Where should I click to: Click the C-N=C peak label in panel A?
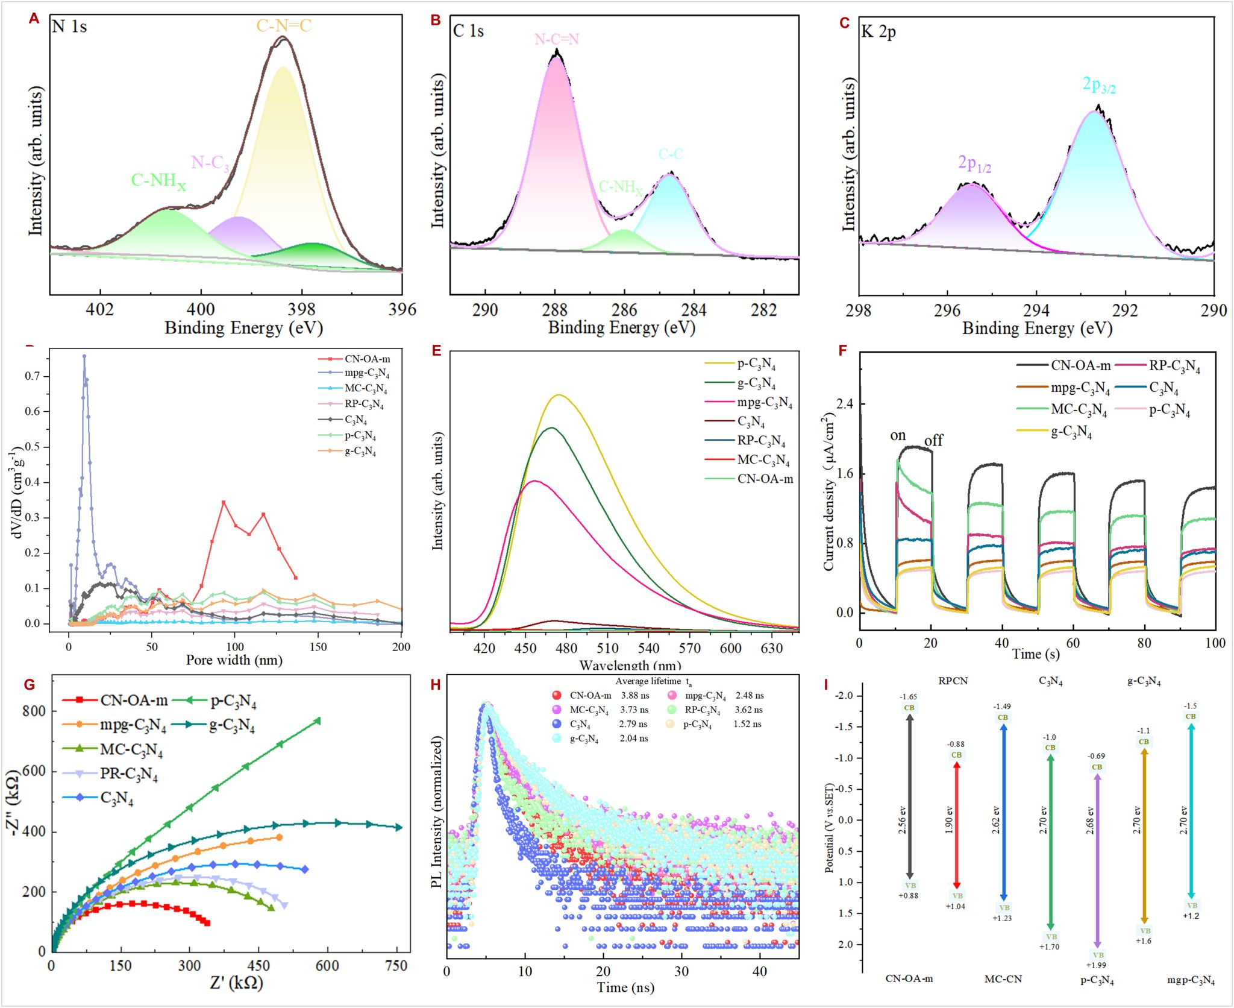284,26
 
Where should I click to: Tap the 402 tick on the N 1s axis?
100,310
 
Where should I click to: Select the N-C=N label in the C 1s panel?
557,39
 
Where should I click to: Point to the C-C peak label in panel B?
671,154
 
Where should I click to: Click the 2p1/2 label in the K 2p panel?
974,163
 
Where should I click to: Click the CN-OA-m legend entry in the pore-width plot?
367,359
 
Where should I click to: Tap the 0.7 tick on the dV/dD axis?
33,376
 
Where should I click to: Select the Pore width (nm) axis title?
234,660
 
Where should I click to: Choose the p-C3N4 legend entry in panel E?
756,364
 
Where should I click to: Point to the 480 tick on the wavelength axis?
566,649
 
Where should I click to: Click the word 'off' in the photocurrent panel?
933,440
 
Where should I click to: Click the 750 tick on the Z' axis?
396,966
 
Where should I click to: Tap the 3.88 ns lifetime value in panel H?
635,696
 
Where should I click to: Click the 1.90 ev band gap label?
950,820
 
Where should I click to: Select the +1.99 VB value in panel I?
1096,965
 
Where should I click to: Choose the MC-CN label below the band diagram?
1003,979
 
